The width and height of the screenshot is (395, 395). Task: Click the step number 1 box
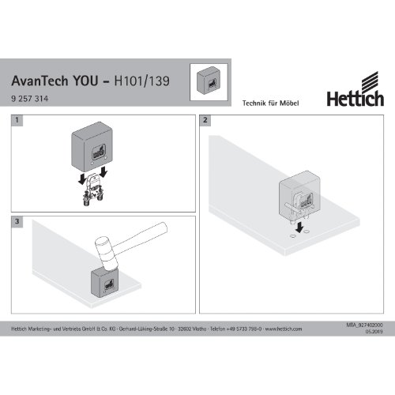pos(17,120)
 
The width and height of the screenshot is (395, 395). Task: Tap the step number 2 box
pos(205,120)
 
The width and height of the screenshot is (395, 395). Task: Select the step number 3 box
pos(17,221)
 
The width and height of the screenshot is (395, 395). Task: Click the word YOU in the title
pos(85,81)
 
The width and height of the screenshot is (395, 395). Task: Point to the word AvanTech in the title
pos(39,81)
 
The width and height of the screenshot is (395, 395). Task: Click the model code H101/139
pos(142,81)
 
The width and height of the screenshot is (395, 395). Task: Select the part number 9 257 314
pos(30,99)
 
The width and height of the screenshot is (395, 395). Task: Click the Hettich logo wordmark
pos(355,99)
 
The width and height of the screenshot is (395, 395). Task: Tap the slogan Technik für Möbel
pos(270,103)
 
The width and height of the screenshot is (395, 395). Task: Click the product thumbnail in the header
pos(209,81)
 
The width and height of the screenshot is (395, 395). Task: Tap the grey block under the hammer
pos(104,283)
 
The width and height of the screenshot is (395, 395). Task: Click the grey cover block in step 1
pos(92,147)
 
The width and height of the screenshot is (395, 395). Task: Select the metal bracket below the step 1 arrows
pos(92,189)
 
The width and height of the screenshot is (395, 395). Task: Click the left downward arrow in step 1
pos(82,179)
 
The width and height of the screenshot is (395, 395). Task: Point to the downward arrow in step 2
pos(299,227)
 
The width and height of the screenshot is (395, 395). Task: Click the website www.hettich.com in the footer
pos(284,329)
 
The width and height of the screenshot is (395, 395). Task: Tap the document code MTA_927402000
pos(365,325)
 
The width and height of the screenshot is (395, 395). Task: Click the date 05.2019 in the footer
pos(374,332)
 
